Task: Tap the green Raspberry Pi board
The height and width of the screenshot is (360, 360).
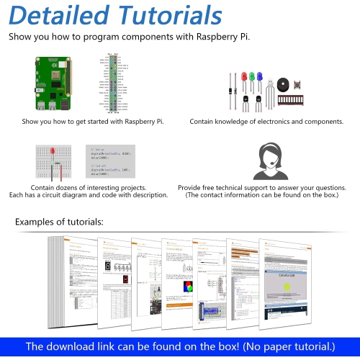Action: pos(53,84)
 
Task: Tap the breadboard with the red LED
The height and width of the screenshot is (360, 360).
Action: pos(55,161)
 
